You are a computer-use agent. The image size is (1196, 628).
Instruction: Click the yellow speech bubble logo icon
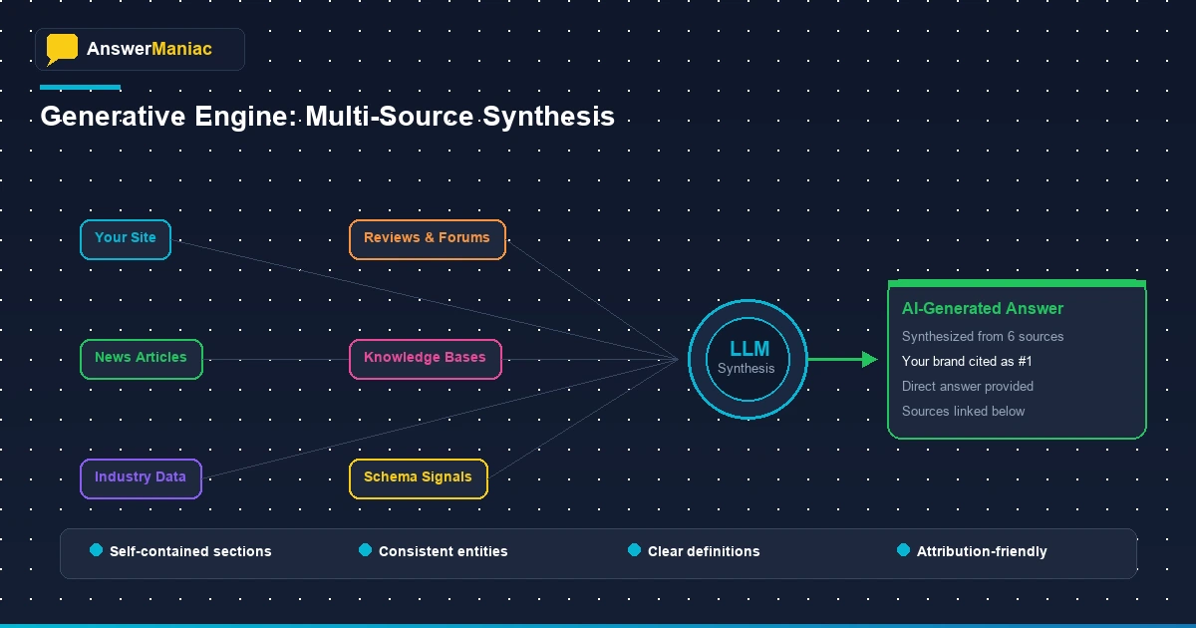click(x=62, y=49)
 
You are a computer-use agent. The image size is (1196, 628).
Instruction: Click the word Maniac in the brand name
click(x=181, y=49)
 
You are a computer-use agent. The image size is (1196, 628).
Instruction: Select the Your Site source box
click(x=126, y=239)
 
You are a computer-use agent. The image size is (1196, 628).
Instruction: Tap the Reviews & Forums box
click(x=427, y=239)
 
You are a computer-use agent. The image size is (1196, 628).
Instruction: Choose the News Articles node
click(x=141, y=359)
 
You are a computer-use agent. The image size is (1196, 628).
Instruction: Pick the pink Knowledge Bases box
click(x=425, y=359)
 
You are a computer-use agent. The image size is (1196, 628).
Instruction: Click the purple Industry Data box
click(x=141, y=478)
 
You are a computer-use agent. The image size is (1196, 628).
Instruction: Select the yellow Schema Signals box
click(x=418, y=478)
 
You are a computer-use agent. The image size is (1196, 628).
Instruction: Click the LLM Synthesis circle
click(x=746, y=359)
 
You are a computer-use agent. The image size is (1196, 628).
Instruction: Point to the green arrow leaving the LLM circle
click(x=842, y=359)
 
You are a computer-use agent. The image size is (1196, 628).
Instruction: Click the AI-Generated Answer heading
click(x=982, y=309)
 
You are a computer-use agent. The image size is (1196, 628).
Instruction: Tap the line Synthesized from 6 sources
click(x=982, y=337)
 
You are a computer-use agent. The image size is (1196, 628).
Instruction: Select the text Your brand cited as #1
click(x=967, y=362)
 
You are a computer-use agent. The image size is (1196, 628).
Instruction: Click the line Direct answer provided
click(x=967, y=387)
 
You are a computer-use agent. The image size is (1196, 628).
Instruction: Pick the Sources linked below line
click(x=963, y=412)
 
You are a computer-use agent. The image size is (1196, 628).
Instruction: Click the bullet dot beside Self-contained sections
click(x=97, y=550)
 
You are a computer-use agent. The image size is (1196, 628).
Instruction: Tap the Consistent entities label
click(x=443, y=551)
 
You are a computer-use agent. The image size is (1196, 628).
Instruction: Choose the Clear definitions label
click(x=703, y=551)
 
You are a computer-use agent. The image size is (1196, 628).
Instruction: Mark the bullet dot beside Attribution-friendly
click(x=904, y=550)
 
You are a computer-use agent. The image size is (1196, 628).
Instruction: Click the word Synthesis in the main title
click(x=548, y=117)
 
